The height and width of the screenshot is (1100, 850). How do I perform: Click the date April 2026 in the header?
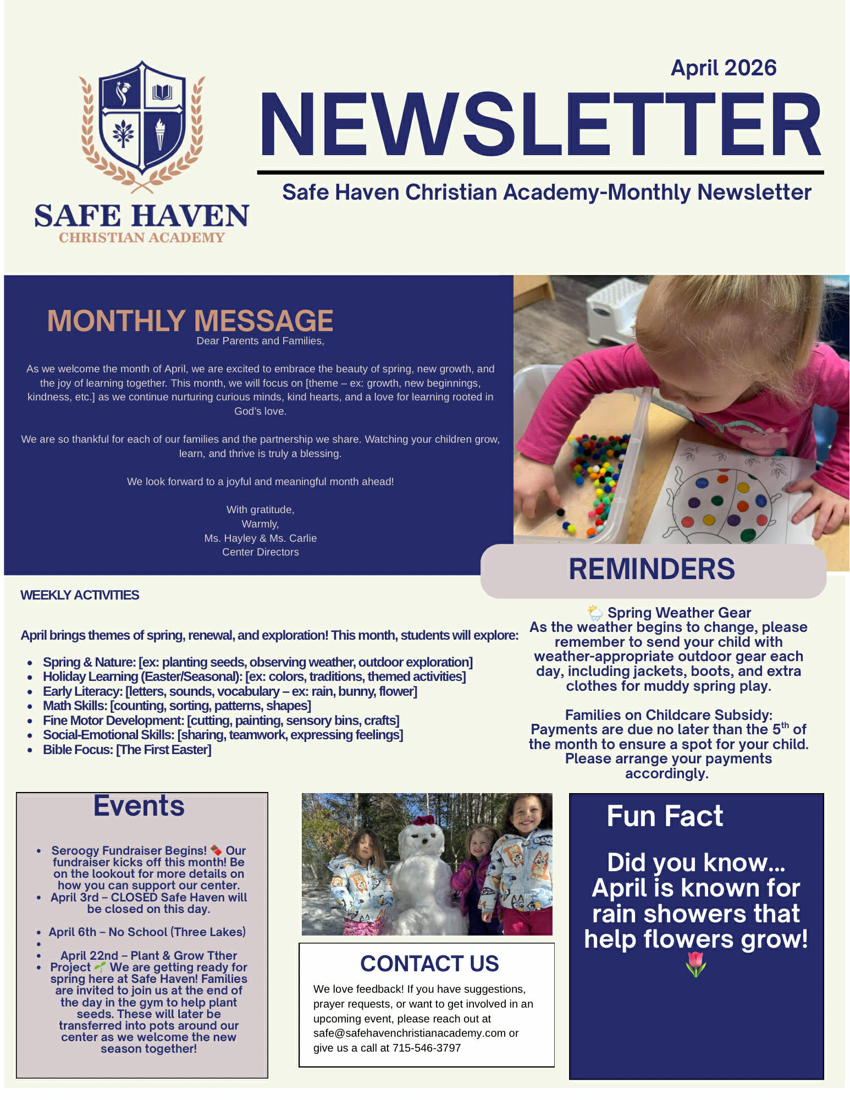723,68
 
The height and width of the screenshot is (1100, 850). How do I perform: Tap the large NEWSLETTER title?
540,125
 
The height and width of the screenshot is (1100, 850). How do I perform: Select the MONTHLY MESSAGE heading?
190,321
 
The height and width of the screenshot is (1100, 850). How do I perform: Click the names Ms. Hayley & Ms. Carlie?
260,538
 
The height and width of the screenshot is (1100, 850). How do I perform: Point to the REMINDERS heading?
652,569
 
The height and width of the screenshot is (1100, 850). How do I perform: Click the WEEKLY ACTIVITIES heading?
80,595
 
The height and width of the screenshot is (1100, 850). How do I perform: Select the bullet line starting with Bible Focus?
127,750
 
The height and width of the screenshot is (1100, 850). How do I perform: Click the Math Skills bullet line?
176,706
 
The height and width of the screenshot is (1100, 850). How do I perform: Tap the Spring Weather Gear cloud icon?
595,612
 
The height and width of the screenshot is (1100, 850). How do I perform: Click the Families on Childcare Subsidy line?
669,715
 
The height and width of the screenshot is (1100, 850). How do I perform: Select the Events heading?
139,806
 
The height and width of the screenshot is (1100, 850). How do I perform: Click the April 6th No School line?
147,932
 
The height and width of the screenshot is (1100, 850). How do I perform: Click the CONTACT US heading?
429,964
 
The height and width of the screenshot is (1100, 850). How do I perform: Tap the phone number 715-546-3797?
427,1048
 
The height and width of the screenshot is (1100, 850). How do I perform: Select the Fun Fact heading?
665,816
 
